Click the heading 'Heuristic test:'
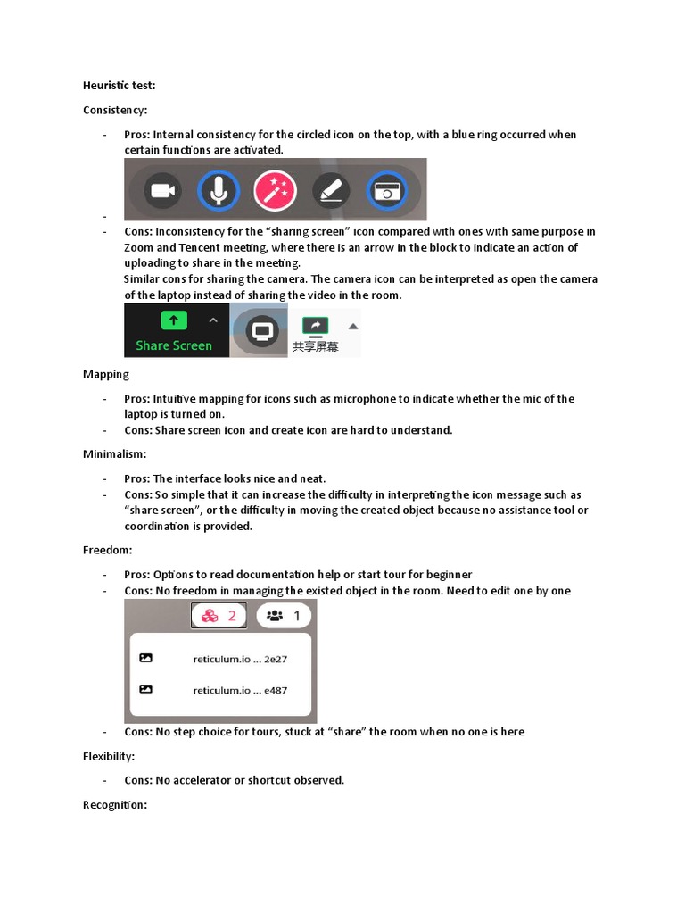click(x=120, y=86)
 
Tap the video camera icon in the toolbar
click(x=162, y=190)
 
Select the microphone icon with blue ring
click(x=219, y=190)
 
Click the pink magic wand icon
click(x=275, y=190)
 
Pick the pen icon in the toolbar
click(x=331, y=190)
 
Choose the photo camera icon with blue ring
click(x=387, y=190)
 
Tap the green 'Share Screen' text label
click(x=174, y=345)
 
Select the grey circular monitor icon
click(x=261, y=331)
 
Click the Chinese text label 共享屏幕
click(x=315, y=346)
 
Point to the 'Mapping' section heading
click(x=106, y=375)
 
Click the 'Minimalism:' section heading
click(x=114, y=454)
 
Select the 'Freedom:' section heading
click(x=107, y=551)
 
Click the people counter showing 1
click(x=284, y=616)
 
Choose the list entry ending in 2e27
click(x=239, y=660)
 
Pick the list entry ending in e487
click(x=239, y=690)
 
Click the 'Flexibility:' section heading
click(x=109, y=757)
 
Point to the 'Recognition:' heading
click(x=114, y=805)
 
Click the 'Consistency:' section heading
click(x=115, y=110)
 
